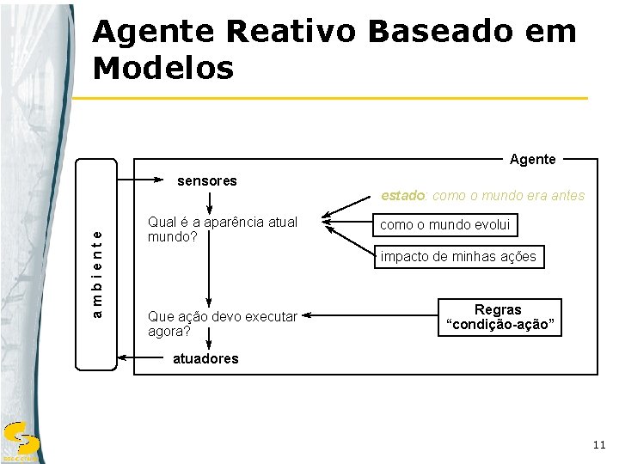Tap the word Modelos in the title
(x=163, y=68)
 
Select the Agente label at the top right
(x=532, y=159)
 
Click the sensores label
(x=206, y=181)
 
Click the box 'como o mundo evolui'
(x=445, y=225)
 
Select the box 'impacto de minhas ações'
(x=458, y=256)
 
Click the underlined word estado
(x=403, y=196)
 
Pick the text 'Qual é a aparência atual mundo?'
(x=222, y=229)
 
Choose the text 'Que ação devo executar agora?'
(x=222, y=323)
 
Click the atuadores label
(x=205, y=358)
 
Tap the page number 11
(x=598, y=444)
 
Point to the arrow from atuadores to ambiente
(x=143, y=357)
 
